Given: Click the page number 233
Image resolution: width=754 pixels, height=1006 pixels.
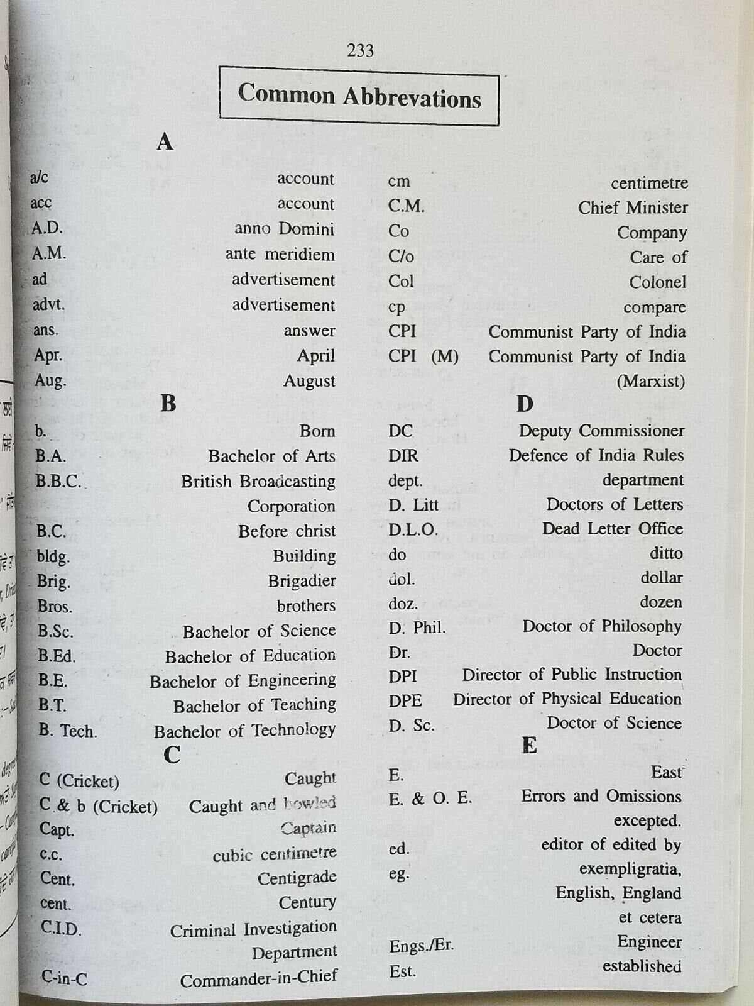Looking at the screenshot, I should [360, 50].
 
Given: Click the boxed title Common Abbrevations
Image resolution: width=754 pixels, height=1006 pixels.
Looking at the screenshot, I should [359, 97].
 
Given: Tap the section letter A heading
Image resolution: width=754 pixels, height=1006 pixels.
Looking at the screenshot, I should [165, 142].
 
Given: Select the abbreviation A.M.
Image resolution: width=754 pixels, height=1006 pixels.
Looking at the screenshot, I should [49, 253].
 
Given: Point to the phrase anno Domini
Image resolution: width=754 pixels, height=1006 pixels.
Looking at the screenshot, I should [284, 229].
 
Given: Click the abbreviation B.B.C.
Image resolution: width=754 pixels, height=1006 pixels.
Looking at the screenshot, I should [58, 481].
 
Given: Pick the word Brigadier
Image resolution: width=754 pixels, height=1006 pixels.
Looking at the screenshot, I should [302, 581].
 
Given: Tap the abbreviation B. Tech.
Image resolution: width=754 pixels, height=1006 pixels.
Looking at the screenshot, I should [67, 731].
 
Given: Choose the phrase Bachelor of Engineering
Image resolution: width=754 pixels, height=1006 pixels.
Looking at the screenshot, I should [243, 681].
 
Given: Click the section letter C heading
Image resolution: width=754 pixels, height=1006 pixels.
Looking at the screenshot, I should [172, 754].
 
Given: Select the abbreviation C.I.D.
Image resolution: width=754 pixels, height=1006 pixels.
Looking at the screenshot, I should [61, 928].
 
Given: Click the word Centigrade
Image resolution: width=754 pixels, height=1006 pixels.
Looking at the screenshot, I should [297, 878].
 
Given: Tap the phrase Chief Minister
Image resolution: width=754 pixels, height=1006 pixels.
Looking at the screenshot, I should [633, 207].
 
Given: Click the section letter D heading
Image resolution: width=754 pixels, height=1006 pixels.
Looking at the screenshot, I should [525, 404].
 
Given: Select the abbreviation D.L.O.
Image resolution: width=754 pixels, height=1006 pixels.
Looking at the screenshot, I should [413, 529].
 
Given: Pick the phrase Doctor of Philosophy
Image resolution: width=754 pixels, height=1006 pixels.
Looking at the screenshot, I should [602, 626].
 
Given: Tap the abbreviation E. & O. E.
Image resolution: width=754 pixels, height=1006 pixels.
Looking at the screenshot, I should [430, 799].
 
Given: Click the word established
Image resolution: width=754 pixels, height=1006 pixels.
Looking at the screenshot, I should [642, 966].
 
